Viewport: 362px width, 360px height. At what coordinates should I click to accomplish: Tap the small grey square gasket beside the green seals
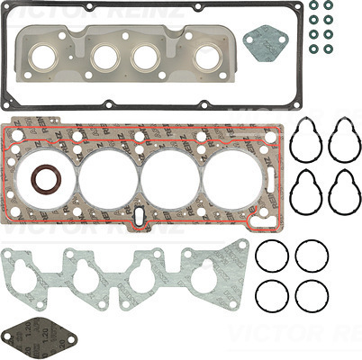[265, 41]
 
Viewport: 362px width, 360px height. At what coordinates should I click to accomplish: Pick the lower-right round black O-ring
[312, 294]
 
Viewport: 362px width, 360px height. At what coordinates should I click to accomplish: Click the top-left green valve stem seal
[312, 6]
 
